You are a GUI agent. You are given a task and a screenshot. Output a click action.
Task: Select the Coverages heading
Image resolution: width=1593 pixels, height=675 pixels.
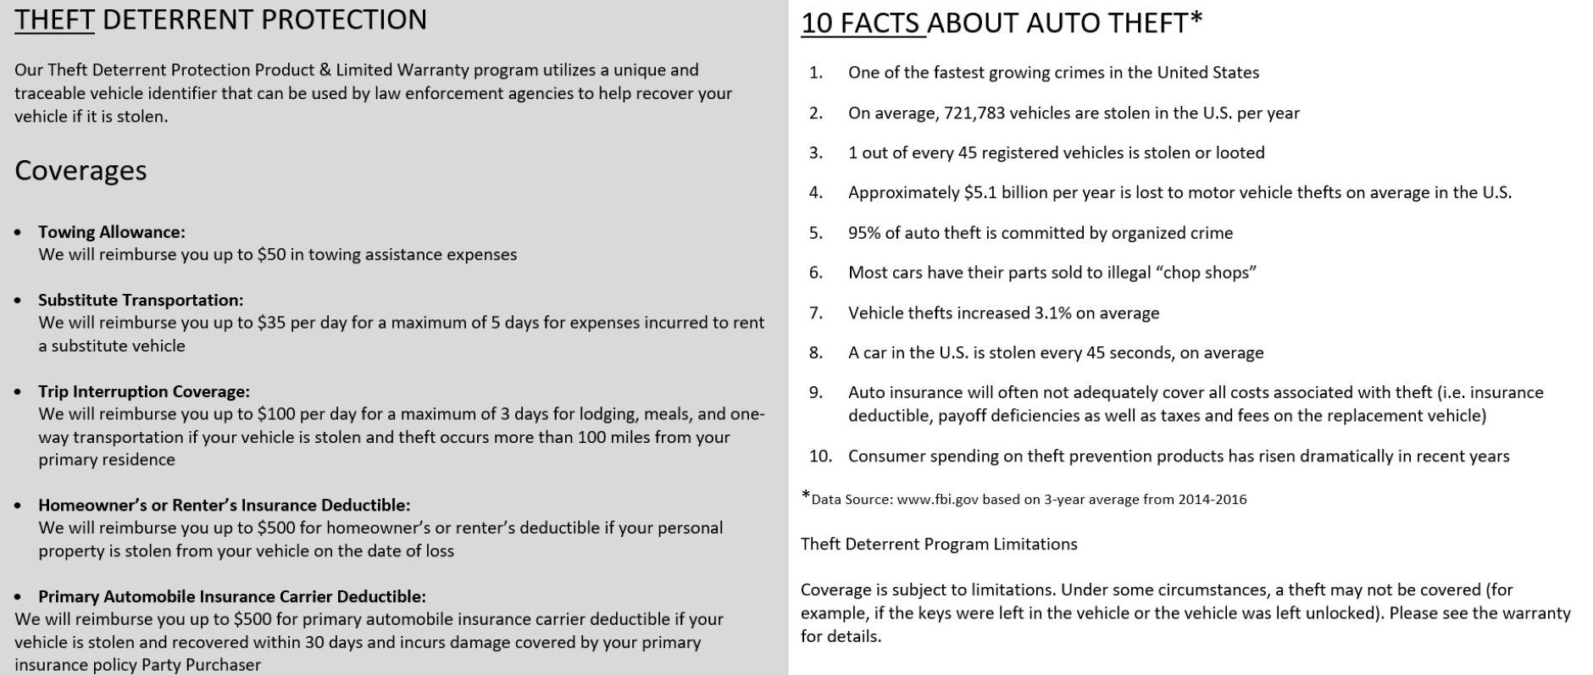point(80,170)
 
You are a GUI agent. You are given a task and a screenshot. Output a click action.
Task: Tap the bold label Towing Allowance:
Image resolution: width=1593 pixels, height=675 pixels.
point(111,232)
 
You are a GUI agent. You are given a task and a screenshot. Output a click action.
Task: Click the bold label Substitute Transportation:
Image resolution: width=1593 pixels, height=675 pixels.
point(141,300)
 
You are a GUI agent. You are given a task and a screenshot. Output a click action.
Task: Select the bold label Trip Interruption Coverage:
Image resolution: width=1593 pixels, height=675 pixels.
point(144,391)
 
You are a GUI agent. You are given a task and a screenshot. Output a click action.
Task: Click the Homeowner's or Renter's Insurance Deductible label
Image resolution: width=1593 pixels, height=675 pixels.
point(224,505)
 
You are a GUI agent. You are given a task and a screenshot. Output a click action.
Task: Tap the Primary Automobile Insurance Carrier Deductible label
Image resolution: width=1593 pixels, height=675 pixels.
point(231,596)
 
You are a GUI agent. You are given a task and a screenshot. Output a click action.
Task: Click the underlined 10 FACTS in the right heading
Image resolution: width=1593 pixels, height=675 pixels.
point(863,23)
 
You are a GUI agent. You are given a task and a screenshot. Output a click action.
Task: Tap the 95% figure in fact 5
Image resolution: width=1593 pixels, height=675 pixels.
point(864,233)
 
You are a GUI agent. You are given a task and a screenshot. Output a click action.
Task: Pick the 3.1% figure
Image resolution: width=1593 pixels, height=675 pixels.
point(1052,313)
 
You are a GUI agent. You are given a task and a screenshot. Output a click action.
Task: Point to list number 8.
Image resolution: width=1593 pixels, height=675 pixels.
point(815,352)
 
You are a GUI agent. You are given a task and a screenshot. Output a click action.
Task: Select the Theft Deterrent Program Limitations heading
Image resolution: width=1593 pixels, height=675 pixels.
point(939,544)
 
